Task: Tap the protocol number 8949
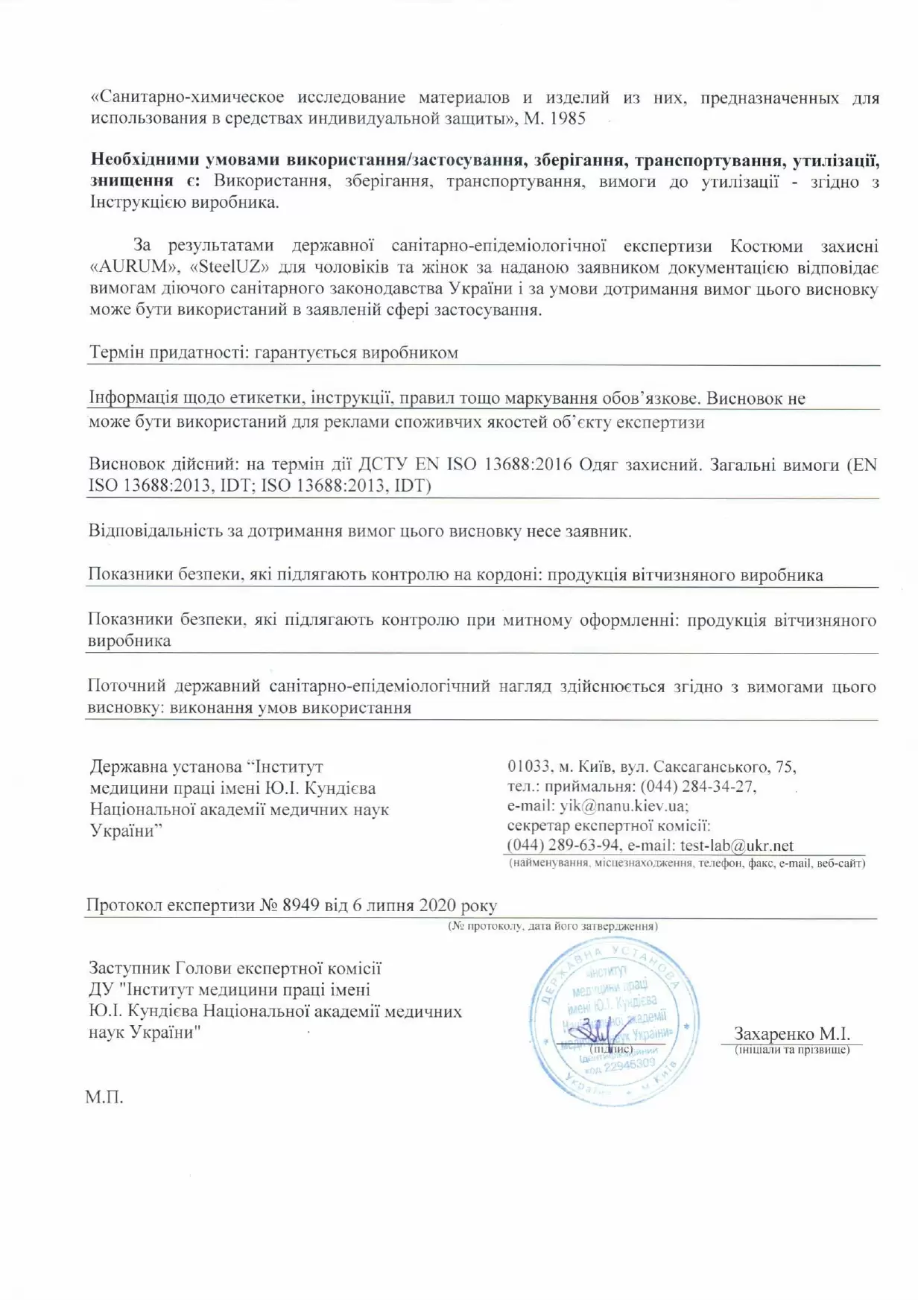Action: (300, 906)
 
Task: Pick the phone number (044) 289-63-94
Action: (563, 846)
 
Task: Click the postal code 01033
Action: (529, 766)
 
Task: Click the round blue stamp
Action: (614, 1024)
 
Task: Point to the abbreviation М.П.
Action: (104, 1097)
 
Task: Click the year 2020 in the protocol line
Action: (438, 906)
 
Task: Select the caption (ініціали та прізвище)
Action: (792, 1050)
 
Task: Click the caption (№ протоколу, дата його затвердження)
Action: (552, 926)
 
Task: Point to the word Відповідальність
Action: (156, 531)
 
